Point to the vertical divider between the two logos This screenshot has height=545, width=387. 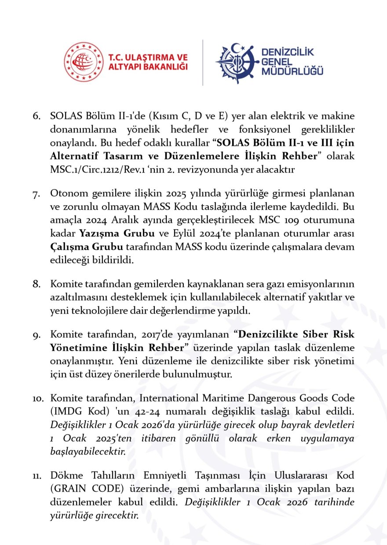203,62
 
